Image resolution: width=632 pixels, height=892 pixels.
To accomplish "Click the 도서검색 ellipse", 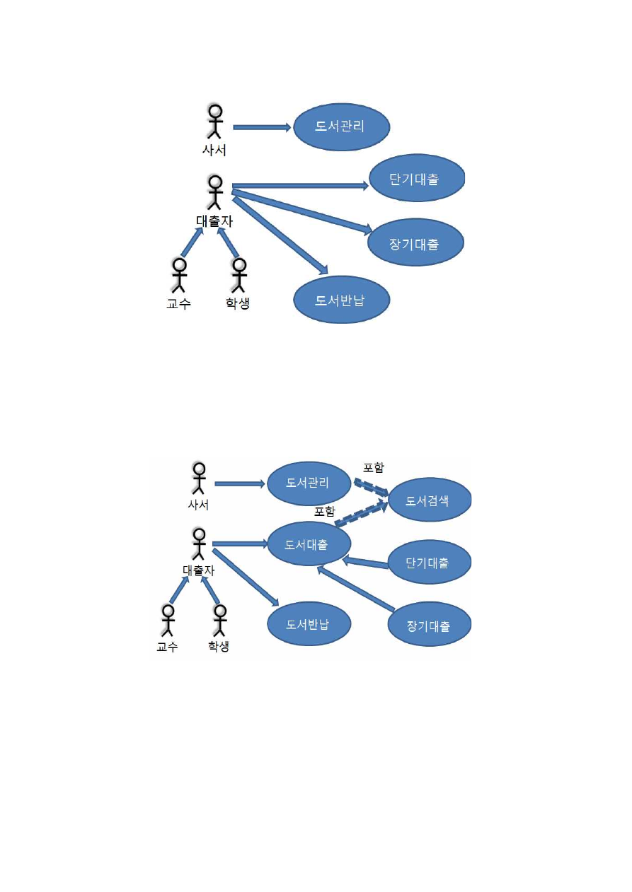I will click(x=427, y=501).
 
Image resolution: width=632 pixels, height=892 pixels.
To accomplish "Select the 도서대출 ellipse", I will click(x=309, y=544).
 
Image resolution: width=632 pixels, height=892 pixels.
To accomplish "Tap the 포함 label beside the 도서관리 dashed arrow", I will click(x=374, y=468).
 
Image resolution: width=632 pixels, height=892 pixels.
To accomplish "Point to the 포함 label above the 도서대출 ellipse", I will click(x=325, y=511).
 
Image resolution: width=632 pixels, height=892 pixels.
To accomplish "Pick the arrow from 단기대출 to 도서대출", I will click(x=365, y=563).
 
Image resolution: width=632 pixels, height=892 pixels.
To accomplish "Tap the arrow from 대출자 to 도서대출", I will click(x=239, y=544).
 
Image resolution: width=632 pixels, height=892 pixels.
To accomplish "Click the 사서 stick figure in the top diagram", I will click(x=214, y=122).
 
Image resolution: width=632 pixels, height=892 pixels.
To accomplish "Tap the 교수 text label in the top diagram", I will click(x=178, y=305).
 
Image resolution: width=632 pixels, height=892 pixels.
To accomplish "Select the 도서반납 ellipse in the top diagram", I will click(x=342, y=299).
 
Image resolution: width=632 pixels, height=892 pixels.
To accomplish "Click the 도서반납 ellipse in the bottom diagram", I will click(x=309, y=624).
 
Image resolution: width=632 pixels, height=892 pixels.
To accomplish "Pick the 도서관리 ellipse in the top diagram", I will click(x=342, y=127).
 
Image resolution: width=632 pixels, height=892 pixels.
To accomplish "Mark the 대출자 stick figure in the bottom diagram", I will click(x=199, y=545).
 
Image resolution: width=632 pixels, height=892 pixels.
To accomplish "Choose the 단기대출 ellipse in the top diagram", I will click(x=416, y=179).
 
